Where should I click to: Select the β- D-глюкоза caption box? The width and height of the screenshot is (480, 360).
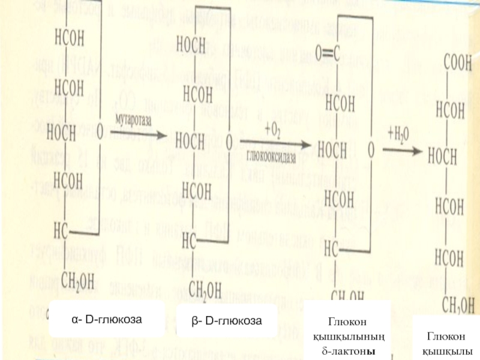pos(227,320)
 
